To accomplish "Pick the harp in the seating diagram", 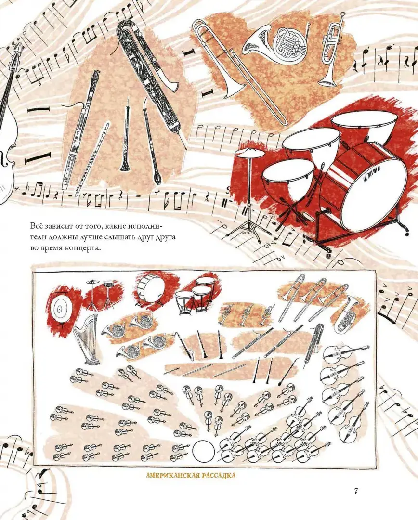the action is point(85,338).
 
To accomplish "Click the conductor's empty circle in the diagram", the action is point(203,451).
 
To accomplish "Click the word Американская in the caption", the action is point(172,475).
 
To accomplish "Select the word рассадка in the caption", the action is point(218,475).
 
